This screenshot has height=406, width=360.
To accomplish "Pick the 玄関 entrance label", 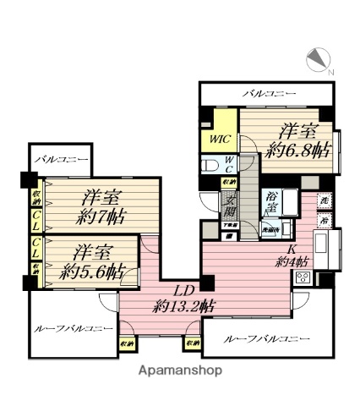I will pyautogui.click(x=229, y=207).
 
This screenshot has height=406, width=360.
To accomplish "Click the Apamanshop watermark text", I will pyautogui.click(x=180, y=370).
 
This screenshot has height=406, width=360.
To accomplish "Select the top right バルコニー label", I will pyautogui.click(x=265, y=93).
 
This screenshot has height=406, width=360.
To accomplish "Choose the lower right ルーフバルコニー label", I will pyautogui.click(x=267, y=339).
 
